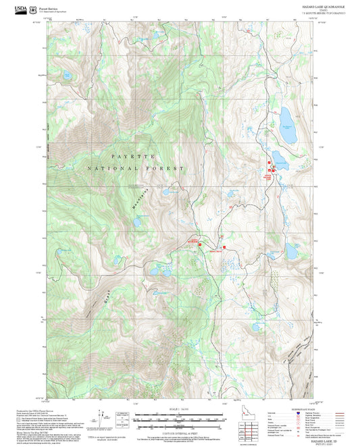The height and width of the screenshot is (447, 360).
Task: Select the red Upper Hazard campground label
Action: click(x=268, y=176)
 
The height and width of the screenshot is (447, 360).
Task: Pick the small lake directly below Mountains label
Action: click(x=137, y=221)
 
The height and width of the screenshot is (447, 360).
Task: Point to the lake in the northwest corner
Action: click(x=67, y=76)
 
